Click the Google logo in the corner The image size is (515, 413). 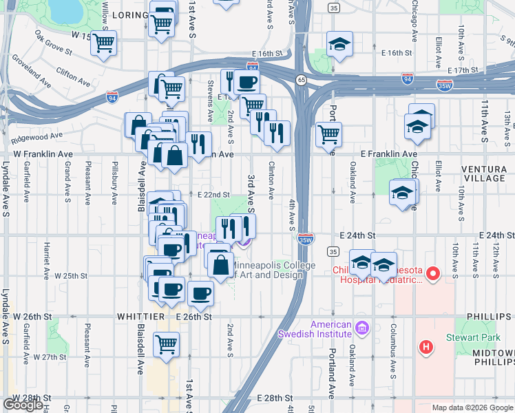pos(23,405)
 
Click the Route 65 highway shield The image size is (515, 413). pos(302,80)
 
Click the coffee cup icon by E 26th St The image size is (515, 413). pos(200,294)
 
